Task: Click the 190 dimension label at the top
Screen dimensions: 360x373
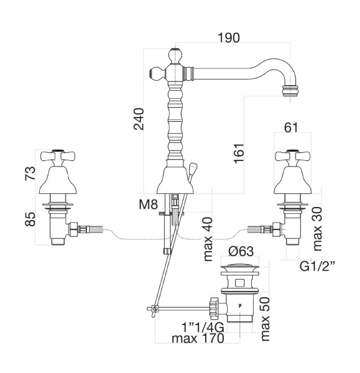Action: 229,38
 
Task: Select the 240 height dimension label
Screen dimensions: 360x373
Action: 139,119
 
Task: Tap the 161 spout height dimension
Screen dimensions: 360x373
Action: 239,153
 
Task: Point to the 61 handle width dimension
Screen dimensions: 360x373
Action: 291,127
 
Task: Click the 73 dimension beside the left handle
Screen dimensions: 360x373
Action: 30,173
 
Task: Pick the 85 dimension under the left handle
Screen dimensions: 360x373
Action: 30,219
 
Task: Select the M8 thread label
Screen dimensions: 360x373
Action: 148,205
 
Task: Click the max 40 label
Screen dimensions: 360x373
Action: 208,239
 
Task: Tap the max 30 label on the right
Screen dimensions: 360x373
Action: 317,229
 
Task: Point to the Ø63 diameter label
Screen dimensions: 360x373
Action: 241,251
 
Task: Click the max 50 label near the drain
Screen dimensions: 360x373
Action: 265,319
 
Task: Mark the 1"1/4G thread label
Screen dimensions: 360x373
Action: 203,328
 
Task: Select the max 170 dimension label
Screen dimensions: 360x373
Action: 198,338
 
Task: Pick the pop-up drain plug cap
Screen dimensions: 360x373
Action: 239,269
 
